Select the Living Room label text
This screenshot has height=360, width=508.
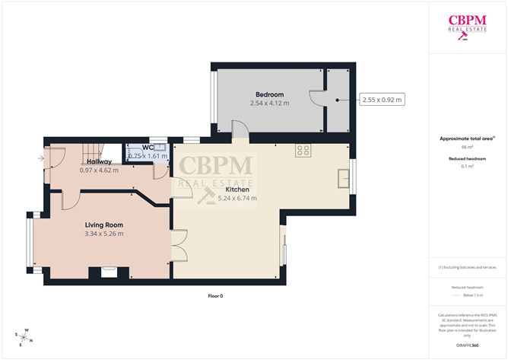pyautogui.click(x=103, y=225)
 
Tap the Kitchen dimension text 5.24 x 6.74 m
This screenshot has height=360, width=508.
pyautogui.click(x=237, y=198)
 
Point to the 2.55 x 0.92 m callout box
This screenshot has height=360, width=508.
pyautogui.click(x=382, y=100)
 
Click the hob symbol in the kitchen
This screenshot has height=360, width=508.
pyautogui.click(x=302, y=149)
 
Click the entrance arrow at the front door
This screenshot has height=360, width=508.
pyautogui.click(x=40, y=158)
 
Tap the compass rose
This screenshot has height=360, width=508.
pyautogui.click(x=24, y=336)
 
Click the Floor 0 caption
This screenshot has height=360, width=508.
pyautogui.click(x=216, y=295)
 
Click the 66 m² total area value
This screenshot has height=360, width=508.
pyautogui.click(x=467, y=147)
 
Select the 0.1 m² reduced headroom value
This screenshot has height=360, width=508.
pyautogui.click(x=467, y=166)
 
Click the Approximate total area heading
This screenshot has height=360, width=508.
pyautogui.click(x=467, y=138)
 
